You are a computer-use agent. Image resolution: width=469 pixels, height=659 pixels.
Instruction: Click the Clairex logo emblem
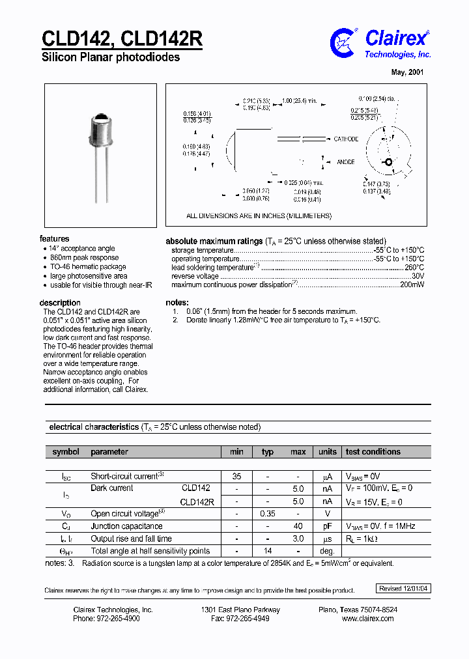coord(344,42)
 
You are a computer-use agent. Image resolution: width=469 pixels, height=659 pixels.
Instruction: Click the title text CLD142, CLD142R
coord(122,38)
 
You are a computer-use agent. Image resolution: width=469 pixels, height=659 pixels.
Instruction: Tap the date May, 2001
coord(408,72)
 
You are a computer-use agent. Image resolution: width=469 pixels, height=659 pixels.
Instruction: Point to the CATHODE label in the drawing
coord(346,139)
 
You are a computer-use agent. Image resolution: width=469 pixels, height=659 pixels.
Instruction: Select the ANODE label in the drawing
coord(346,162)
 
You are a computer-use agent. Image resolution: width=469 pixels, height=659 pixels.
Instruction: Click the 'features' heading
coord(54,239)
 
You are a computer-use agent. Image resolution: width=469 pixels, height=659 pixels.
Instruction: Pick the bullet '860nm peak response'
coord(84,258)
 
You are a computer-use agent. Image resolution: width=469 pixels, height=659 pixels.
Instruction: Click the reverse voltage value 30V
coord(418,276)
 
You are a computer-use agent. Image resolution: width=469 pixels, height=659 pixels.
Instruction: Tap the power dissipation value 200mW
coord(412,285)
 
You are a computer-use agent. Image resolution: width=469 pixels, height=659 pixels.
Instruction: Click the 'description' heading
coord(60,303)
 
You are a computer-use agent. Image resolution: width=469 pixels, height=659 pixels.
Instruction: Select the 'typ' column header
coord(268,451)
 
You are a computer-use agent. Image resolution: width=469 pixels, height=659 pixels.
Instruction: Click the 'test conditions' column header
coord(373,451)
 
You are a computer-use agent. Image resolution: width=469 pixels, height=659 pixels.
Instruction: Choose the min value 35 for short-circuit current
coord(236,476)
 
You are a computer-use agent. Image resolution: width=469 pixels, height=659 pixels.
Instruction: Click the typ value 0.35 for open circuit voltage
coord(268,513)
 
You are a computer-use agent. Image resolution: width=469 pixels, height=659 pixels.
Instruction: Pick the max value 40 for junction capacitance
coord(298,526)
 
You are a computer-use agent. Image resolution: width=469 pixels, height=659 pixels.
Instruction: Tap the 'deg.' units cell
coord(327,551)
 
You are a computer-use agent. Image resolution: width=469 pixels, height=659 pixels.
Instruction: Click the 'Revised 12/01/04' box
coord(404,588)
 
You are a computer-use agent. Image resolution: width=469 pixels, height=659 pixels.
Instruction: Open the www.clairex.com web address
coord(367,619)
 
